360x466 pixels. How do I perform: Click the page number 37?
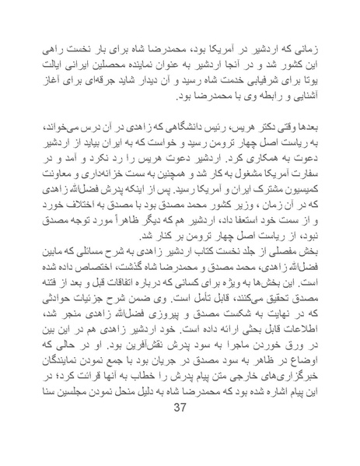tap(180, 432)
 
